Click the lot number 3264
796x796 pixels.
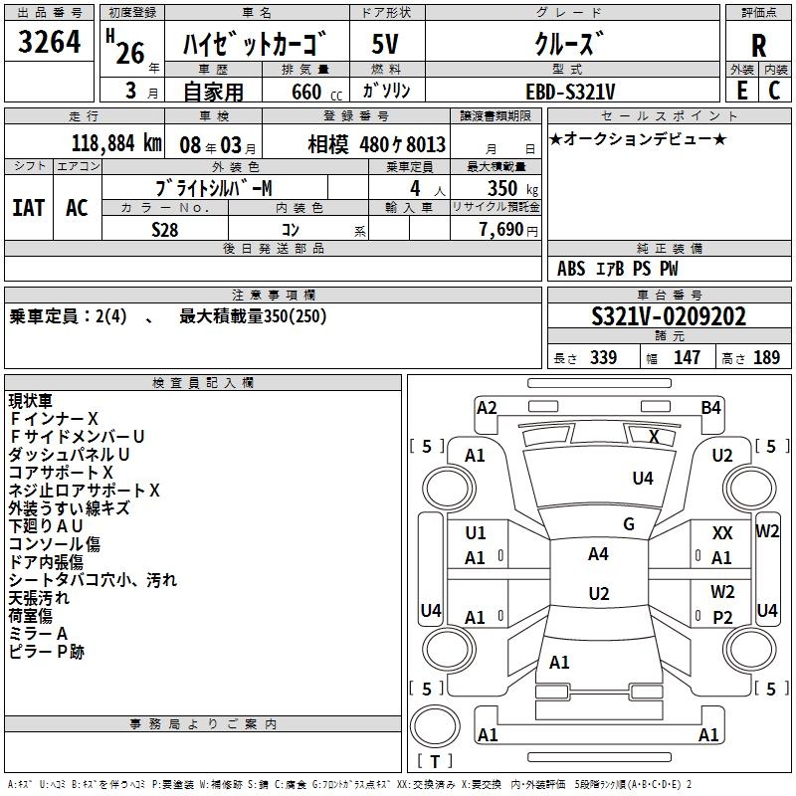pyautogui.click(x=50, y=45)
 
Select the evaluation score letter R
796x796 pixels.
pyautogui.click(x=758, y=46)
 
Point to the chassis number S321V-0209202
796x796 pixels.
pyautogui.click(x=669, y=316)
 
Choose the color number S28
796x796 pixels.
pyautogui.click(x=164, y=229)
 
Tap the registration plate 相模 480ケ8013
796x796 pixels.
pyautogui.click(x=376, y=142)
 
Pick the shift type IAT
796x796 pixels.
pyautogui.click(x=28, y=207)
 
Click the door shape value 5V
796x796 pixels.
pyautogui.click(x=386, y=46)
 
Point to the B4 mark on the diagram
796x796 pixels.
pyautogui.click(x=710, y=407)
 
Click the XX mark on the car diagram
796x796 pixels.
pyautogui.click(x=722, y=534)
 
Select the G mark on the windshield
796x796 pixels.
pyautogui.click(x=628, y=524)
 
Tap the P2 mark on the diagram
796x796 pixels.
pyautogui.click(x=722, y=617)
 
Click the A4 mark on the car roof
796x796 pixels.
pyautogui.click(x=598, y=554)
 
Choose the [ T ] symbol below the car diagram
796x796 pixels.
pyautogui.click(x=435, y=762)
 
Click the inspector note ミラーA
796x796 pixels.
pyautogui.click(x=38, y=634)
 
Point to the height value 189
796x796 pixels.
pyautogui.click(x=766, y=358)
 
